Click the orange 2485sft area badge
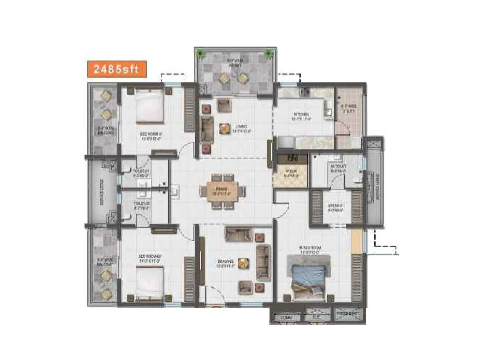point(117,69)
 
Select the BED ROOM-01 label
point(151,136)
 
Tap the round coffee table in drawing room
point(243,263)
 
